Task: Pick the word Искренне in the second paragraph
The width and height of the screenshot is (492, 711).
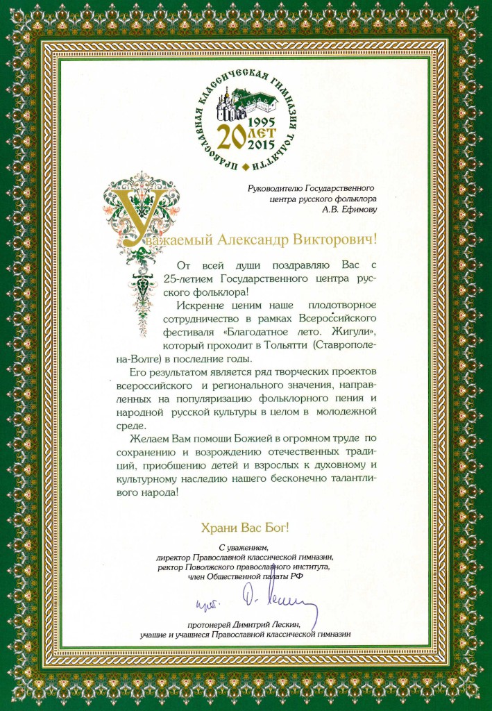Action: click(x=203, y=305)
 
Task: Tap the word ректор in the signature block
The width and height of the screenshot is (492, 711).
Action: click(x=169, y=567)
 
